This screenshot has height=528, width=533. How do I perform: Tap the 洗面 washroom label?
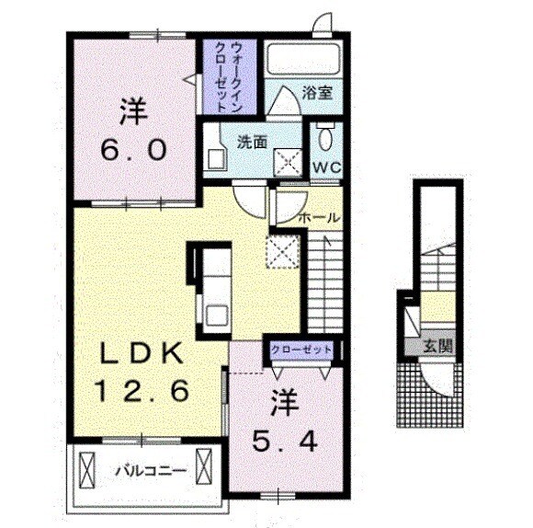252,143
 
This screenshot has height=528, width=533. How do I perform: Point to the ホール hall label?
320,218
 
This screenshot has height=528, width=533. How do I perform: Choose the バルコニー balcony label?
151,470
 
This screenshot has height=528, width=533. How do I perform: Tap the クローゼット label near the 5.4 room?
301,350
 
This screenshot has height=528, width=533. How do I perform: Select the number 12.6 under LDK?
147,391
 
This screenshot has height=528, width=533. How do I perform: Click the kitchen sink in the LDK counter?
217,314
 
